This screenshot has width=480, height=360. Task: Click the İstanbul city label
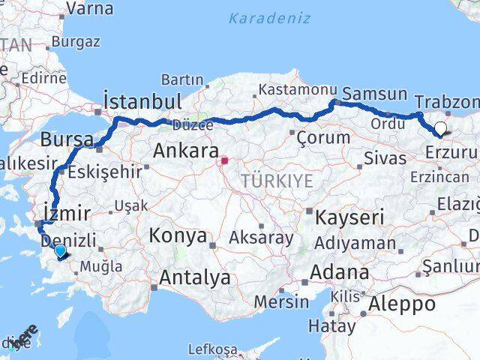pos(142,102)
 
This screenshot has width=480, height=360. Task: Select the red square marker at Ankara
pos(224,160)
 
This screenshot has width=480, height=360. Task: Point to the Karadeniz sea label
pos(269,18)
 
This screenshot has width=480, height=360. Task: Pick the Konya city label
pos(178,236)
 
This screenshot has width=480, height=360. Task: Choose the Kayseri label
pos(350,218)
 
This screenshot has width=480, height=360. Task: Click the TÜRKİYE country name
pos(277,181)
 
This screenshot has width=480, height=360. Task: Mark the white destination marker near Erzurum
pos(439,128)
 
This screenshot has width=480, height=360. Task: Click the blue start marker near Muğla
pos(60,250)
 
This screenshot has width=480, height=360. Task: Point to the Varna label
pos(90,9)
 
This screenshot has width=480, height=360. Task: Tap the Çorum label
pos(323,138)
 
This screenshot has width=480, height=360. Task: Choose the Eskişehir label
pos(104,172)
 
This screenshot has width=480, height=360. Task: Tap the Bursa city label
pos(67,139)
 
